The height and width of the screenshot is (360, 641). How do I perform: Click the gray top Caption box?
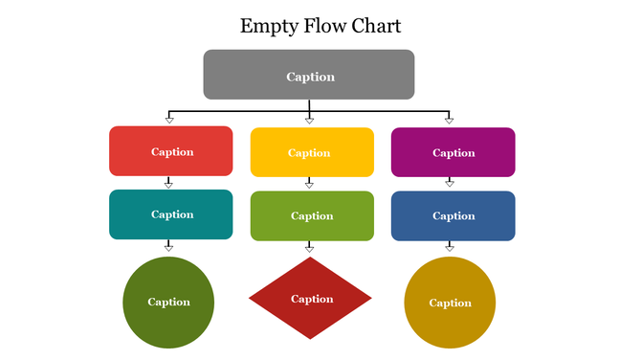pyautogui.click(x=308, y=75)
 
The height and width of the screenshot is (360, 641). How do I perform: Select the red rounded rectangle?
pyautogui.click(x=171, y=151)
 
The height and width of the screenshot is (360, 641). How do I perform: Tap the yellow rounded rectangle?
pyautogui.click(x=312, y=152)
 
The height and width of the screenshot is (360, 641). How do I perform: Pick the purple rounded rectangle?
pyautogui.click(x=453, y=152)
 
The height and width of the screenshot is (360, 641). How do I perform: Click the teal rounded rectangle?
pyautogui.click(x=171, y=214)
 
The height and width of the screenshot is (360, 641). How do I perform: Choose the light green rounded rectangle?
pyautogui.click(x=312, y=215)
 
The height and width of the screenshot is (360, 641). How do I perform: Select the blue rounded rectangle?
pyautogui.click(x=453, y=215)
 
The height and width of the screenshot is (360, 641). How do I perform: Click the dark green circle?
pyautogui.click(x=168, y=302)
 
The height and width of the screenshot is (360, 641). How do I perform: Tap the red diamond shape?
pyautogui.click(x=310, y=298)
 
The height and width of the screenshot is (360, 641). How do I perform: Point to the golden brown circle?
pyautogui.click(x=450, y=303)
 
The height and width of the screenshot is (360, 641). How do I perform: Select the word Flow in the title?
pyautogui.click(x=320, y=26)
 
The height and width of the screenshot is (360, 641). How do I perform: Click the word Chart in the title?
pyautogui.click(x=375, y=26)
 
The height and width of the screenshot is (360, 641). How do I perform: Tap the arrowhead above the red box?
pyautogui.click(x=168, y=120)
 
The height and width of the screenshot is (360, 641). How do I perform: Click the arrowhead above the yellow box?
pyautogui.click(x=309, y=120)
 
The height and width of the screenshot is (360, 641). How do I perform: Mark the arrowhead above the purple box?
pyautogui.click(x=449, y=120)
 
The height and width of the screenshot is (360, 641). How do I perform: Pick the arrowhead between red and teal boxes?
pyautogui.click(x=168, y=184)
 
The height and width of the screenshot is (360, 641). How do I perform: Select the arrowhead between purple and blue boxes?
pyautogui.click(x=449, y=184)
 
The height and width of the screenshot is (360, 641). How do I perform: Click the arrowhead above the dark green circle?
pyautogui.click(x=168, y=247)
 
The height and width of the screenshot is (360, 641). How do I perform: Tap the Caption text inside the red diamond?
pyautogui.click(x=312, y=299)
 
